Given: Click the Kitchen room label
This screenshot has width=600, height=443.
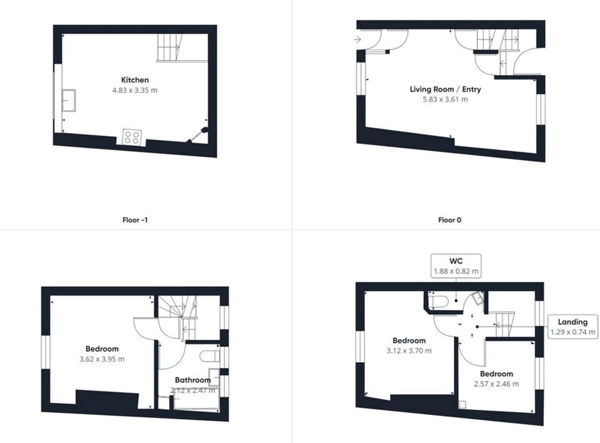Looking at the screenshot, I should [x=135, y=80].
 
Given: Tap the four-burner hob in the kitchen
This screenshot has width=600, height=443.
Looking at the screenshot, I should [x=131, y=137].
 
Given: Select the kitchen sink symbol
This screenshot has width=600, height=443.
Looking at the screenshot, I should [x=69, y=100].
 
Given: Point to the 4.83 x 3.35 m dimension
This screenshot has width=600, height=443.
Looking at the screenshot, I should [x=135, y=90].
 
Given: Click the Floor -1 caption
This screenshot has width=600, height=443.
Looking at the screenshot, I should [x=136, y=220].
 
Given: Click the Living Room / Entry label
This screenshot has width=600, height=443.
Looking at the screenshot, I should [x=445, y=89].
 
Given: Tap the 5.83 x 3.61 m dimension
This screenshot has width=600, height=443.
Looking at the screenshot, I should [x=445, y=99].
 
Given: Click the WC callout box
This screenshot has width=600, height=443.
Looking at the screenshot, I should [x=456, y=266].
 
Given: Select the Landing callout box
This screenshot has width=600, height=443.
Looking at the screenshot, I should [x=573, y=327].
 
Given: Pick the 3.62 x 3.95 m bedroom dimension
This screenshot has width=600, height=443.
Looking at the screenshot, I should [x=102, y=359].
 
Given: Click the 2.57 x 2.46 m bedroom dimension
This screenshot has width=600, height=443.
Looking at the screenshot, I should [x=497, y=384].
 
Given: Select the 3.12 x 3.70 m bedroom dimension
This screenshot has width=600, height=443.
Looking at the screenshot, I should [x=409, y=351].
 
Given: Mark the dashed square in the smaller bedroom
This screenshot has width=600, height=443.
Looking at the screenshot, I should [x=462, y=404].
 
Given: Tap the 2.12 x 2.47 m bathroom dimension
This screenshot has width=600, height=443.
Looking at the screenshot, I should [x=193, y=390].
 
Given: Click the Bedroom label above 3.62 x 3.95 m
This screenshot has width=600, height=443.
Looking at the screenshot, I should [x=102, y=349].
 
